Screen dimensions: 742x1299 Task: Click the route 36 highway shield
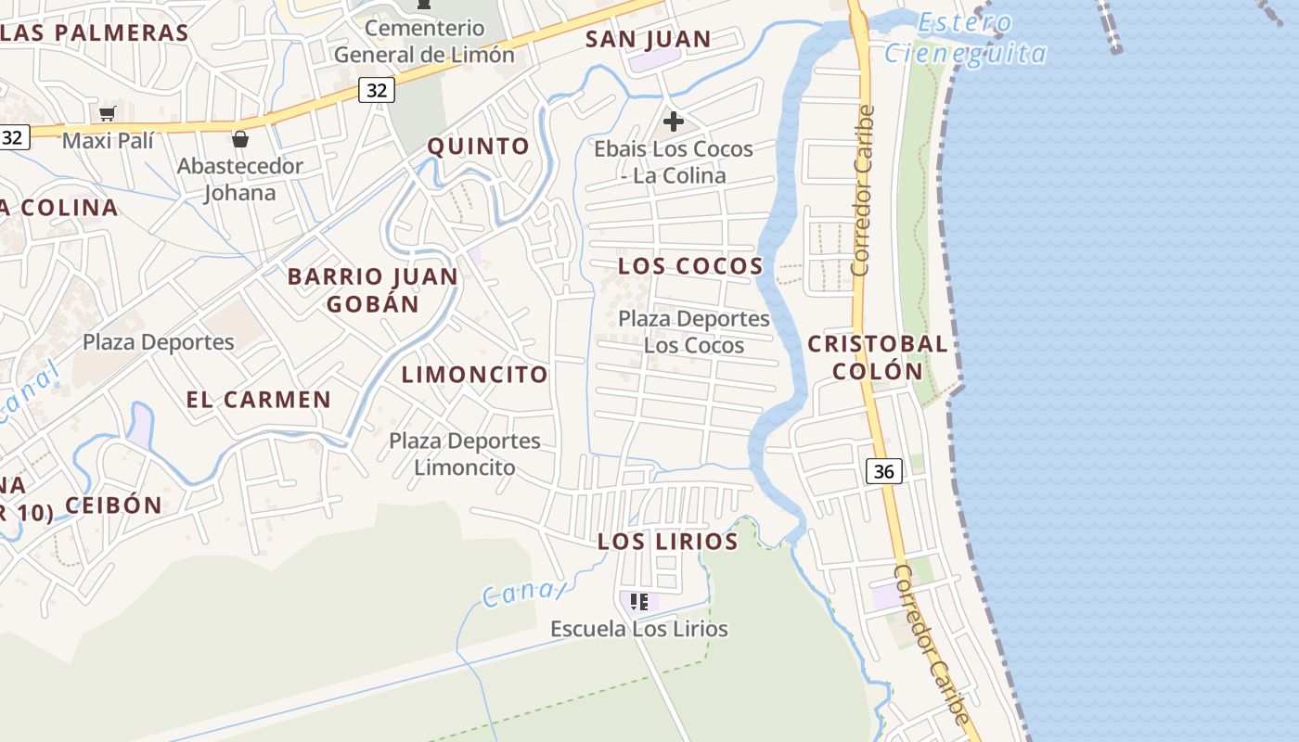pyautogui.click(x=883, y=471)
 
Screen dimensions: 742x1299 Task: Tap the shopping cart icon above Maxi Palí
pyautogui.click(x=107, y=114)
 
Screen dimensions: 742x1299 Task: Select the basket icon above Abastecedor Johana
pyautogui.click(x=240, y=139)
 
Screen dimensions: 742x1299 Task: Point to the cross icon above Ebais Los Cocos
pyautogui.click(x=674, y=122)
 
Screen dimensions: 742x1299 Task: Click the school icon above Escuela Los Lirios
pyautogui.click(x=639, y=602)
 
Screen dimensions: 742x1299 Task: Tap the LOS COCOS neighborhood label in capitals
pyautogui.click(x=690, y=266)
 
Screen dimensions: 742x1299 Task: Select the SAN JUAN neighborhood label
pyautogui.click(x=648, y=40)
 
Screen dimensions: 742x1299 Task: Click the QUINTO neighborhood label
pyautogui.click(x=478, y=146)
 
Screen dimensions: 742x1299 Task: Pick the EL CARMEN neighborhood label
pyautogui.click(x=258, y=400)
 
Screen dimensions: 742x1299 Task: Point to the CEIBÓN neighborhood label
pyautogui.click(x=113, y=505)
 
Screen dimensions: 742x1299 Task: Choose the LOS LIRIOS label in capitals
pyautogui.click(x=667, y=542)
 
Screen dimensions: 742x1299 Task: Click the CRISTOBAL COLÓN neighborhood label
pyautogui.click(x=878, y=357)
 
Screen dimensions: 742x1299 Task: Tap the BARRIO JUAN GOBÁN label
pyautogui.click(x=372, y=289)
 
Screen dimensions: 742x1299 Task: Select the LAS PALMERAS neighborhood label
pyautogui.click(x=94, y=32)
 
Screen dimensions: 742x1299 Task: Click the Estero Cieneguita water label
pyautogui.click(x=965, y=39)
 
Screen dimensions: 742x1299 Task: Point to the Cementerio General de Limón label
pyautogui.click(x=424, y=42)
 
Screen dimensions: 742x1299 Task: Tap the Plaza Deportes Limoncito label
pyautogui.click(x=465, y=454)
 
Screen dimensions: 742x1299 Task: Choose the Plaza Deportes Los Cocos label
pyautogui.click(x=694, y=332)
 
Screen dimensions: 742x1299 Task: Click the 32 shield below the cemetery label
pyautogui.click(x=376, y=90)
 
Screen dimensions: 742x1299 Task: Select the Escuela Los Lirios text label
pyautogui.click(x=639, y=629)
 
